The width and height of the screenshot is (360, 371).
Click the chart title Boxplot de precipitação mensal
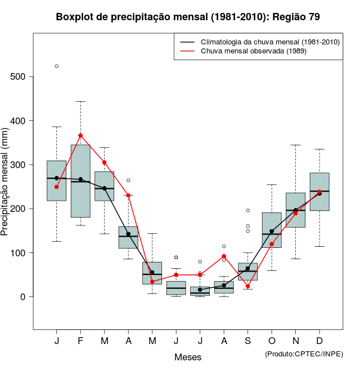[x=188, y=17]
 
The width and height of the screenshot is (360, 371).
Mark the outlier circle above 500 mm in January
[x=57, y=66]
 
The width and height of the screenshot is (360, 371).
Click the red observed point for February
[x=80, y=135]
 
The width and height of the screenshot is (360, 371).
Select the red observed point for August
[x=224, y=256]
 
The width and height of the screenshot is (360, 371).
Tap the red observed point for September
[x=247, y=286]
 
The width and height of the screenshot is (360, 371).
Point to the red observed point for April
[x=128, y=196]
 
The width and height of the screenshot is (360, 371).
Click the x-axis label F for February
[x=80, y=341]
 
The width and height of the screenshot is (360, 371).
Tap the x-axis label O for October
[x=272, y=341]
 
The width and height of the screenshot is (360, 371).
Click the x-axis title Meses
[x=188, y=357]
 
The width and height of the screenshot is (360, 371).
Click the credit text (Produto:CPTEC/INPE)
[x=304, y=354]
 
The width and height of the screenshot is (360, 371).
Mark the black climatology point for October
[x=272, y=231]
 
